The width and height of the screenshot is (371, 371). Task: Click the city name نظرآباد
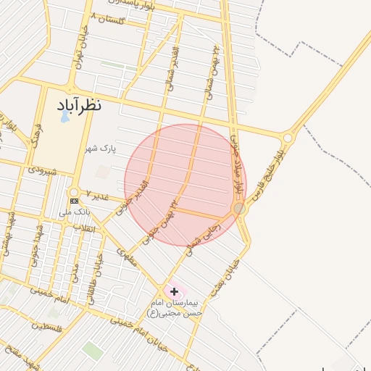tap(80, 105)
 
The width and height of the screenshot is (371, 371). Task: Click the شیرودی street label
tap(42, 171)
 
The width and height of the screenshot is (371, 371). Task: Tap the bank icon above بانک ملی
tap(75, 201)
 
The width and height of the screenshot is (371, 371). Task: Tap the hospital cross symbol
tap(174, 291)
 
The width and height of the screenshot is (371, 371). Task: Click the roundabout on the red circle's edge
tap(238, 209)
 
